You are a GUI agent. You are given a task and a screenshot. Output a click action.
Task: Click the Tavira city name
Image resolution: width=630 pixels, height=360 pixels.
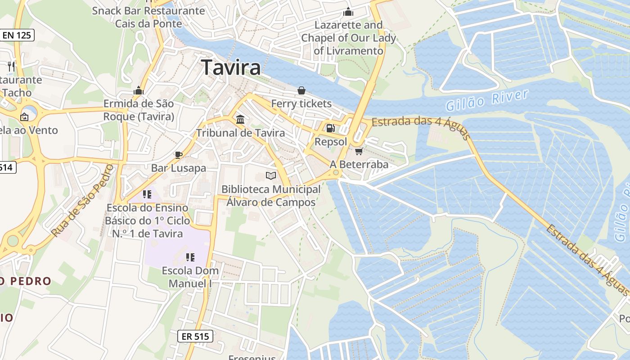[x=231, y=67]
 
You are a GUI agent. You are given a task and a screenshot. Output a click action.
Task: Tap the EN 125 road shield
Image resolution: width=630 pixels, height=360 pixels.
[x=18, y=35]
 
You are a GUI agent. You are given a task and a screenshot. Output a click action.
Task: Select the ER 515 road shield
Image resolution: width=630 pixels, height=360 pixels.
[x=195, y=336]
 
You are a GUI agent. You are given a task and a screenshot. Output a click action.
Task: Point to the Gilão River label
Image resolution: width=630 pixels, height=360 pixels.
[x=487, y=100]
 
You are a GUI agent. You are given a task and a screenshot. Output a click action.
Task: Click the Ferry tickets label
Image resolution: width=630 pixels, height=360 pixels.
[x=301, y=103]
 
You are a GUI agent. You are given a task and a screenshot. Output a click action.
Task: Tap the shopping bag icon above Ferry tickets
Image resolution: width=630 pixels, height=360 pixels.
[x=301, y=91]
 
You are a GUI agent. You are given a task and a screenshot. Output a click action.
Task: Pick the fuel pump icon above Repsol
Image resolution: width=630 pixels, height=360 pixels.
[x=331, y=128]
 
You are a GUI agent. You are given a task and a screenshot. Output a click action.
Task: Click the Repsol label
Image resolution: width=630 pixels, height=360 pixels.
[x=331, y=142]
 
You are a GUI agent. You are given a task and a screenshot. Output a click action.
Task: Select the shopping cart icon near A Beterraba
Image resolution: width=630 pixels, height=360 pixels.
[x=359, y=151]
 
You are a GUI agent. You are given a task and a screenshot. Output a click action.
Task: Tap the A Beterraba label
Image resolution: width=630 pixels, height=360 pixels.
[x=359, y=164]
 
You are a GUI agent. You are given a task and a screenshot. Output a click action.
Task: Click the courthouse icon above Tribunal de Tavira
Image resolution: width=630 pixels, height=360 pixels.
[x=240, y=120]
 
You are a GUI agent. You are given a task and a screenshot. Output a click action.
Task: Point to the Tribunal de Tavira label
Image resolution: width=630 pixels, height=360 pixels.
[x=240, y=133]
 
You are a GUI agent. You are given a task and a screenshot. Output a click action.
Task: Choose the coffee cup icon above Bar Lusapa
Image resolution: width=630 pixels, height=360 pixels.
[x=178, y=155]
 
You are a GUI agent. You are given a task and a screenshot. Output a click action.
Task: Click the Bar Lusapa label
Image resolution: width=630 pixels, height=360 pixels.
[x=178, y=168]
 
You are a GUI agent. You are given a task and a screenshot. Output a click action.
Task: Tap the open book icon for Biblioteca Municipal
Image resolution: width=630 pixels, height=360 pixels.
[x=270, y=175]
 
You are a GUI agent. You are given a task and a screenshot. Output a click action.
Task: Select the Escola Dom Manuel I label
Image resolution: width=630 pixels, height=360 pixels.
[x=190, y=277]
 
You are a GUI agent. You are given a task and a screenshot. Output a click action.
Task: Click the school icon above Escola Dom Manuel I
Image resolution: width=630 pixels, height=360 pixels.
[x=190, y=257]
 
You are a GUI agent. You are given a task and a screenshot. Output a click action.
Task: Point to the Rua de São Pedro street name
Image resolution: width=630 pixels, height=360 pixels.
[x=81, y=201]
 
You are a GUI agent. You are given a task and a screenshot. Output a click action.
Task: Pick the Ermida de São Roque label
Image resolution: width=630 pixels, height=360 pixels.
[x=139, y=110]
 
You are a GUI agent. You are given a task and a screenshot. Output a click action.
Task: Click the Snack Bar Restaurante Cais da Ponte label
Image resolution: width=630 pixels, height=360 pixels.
[x=148, y=17]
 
